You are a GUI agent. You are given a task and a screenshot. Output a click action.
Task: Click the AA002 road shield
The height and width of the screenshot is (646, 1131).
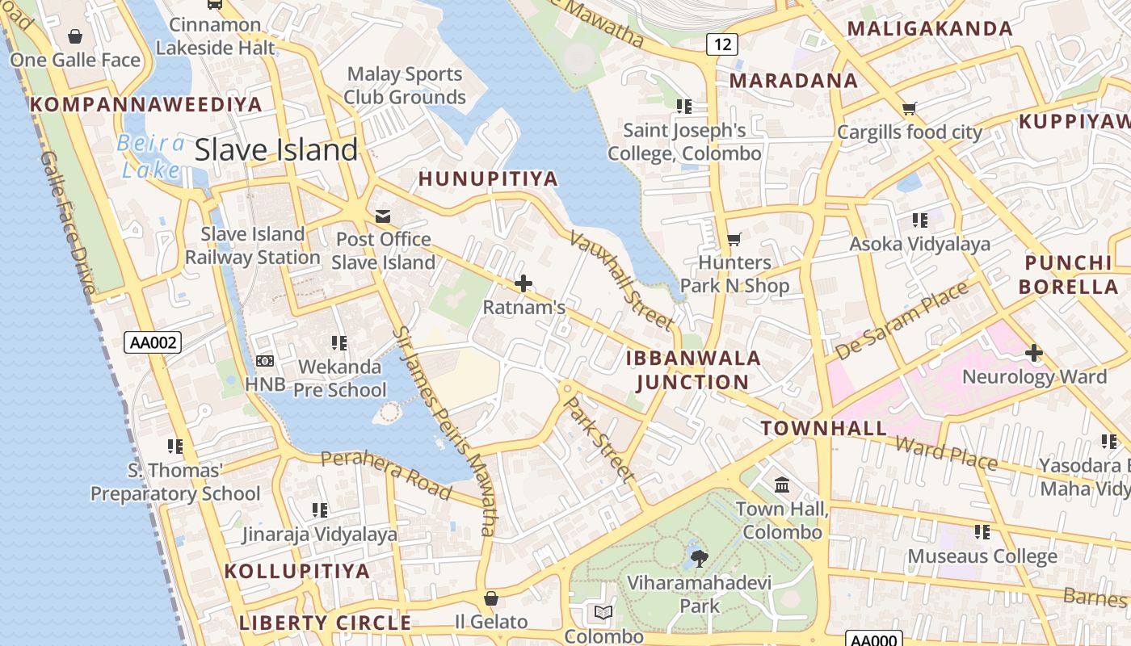[x=153, y=342]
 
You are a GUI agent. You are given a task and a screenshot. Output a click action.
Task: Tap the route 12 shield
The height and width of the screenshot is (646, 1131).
[x=722, y=44]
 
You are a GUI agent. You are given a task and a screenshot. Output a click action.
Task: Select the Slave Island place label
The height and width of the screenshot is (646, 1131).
[x=276, y=149]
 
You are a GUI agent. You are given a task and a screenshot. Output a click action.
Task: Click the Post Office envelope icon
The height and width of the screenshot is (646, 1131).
[x=383, y=216]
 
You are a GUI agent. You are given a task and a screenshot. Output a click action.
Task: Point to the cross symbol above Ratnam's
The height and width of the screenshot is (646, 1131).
[x=523, y=283]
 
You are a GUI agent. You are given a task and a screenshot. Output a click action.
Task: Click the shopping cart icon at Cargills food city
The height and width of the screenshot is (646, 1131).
[x=910, y=108]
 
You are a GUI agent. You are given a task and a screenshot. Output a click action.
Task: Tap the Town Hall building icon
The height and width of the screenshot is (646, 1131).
[x=782, y=485]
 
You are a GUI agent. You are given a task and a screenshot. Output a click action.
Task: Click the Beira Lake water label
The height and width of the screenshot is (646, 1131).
[x=151, y=156]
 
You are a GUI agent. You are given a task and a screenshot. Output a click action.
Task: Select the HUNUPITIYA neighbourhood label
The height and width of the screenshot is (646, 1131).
[x=488, y=179]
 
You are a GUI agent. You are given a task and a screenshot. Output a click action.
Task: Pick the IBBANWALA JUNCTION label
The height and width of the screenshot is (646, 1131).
[x=693, y=370]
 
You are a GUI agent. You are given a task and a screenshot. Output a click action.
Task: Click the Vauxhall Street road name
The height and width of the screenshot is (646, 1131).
[x=621, y=279]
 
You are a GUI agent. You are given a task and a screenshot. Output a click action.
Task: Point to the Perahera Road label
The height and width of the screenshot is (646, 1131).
[x=386, y=473]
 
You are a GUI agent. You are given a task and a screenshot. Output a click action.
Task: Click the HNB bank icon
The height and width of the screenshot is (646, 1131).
[x=264, y=361]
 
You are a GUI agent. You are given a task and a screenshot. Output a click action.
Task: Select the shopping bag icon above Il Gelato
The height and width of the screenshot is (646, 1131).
[x=490, y=598]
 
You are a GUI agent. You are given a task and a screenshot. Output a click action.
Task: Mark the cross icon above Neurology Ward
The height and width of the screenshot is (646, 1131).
[x=1033, y=353]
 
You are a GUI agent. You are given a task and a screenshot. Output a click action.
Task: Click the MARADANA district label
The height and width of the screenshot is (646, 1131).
[x=793, y=81]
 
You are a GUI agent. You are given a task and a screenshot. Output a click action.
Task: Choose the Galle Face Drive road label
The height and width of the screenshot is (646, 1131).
[x=68, y=222]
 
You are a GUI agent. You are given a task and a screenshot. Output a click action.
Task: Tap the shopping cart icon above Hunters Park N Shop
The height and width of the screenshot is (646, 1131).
[x=734, y=239]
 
